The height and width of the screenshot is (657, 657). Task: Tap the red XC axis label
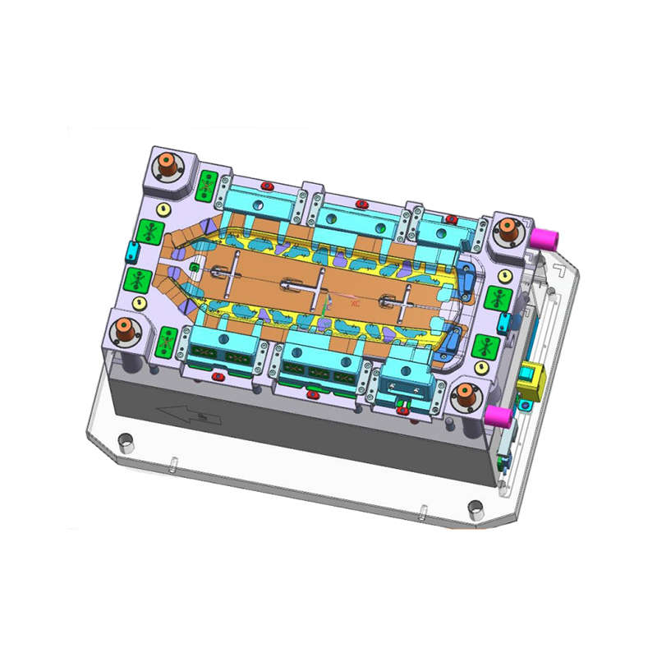pyautogui.click(x=355, y=304)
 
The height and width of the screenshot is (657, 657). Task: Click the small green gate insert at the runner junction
pyautogui.click(x=194, y=267)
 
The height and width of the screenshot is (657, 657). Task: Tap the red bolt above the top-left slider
pyautogui.click(x=266, y=186)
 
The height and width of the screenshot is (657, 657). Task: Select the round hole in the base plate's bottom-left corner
pyautogui.click(x=125, y=441)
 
